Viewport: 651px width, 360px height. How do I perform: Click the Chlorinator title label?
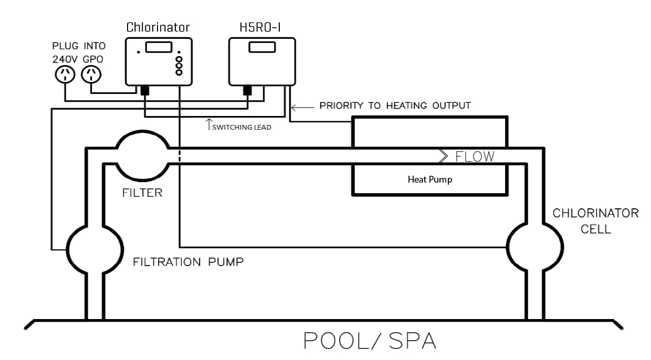(x=158, y=27)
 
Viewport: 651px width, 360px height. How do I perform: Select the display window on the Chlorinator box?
(x=159, y=47)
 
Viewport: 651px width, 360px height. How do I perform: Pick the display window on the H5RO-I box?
(x=262, y=47)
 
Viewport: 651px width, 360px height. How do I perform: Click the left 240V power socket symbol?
(x=65, y=75)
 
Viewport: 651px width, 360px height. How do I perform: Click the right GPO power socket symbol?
(x=92, y=75)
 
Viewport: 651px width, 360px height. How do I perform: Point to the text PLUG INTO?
(x=79, y=46)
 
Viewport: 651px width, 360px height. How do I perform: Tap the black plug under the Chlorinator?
(x=145, y=91)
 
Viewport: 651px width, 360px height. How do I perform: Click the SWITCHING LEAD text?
(x=242, y=127)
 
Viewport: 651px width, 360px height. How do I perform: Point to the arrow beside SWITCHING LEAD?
(x=208, y=124)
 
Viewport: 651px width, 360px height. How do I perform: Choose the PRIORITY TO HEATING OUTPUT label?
(x=395, y=105)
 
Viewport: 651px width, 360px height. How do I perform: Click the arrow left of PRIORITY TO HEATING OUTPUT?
(x=301, y=107)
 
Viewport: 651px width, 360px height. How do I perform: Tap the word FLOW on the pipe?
(x=475, y=156)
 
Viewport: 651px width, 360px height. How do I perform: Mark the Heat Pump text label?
(x=430, y=179)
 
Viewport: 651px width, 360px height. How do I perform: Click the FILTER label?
(x=142, y=193)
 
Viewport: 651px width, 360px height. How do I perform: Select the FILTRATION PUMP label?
(x=188, y=261)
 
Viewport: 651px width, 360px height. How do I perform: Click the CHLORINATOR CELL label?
(x=595, y=221)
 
